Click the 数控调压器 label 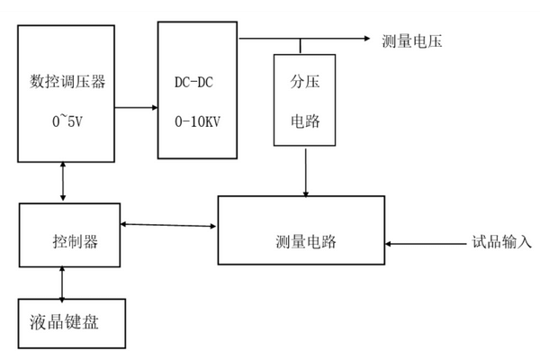click(67, 82)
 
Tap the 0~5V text click(67, 119)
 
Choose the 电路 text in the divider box click(305, 119)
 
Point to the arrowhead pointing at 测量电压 click(367, 39)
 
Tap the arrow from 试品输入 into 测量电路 click(423, 242)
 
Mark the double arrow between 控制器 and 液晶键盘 click(61, 283)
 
